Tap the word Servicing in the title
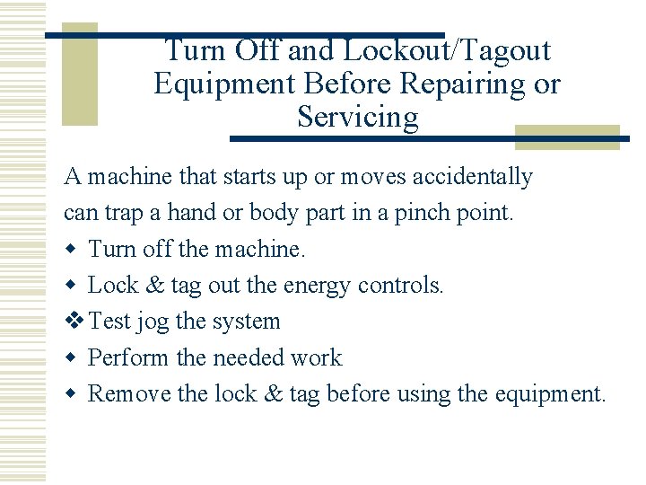coord(357,118)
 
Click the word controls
coord(400,285)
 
